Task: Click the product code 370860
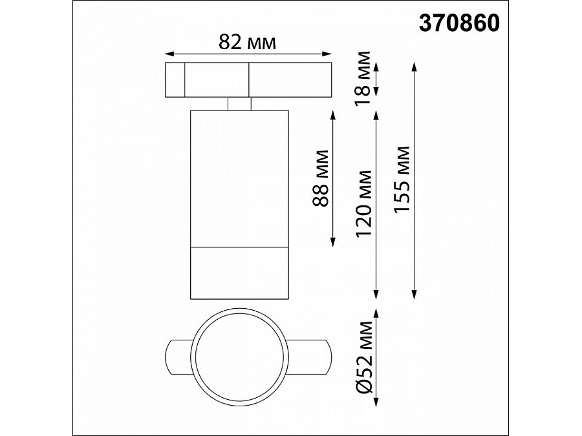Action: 460,23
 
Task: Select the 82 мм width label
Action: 248,43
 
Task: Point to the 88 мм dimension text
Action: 319,178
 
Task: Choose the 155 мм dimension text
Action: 402,180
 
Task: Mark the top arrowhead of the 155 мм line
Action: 415,65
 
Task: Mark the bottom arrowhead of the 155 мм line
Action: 415,296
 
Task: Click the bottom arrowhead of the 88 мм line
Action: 332,243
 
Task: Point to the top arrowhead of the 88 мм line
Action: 332,114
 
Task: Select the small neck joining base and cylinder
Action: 239,104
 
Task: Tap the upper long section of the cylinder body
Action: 239,178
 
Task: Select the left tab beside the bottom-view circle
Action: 178,355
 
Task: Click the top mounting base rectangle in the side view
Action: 248,80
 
